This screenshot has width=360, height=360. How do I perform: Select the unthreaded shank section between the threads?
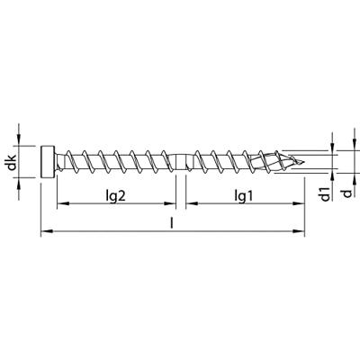point(181,164)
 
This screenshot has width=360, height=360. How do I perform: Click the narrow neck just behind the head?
point(61,164)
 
